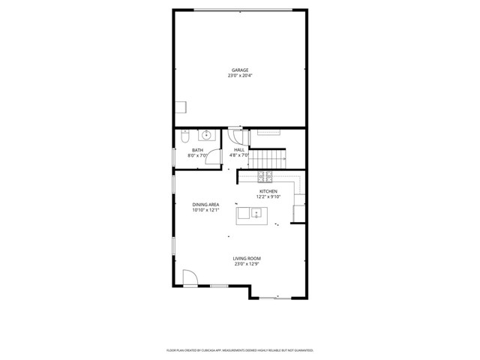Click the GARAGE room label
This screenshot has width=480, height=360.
click(x=239, y=70)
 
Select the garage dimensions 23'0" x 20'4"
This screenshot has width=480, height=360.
click(x=239, y=76)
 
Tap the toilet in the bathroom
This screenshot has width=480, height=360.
click(x=184, y=136)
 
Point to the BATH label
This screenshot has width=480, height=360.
click(x=197, y=150)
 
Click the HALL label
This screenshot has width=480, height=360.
click(x=239, y=150)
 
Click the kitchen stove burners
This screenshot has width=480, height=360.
click(x=265, y=177)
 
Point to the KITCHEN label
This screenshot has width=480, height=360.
click(x=269, y=191)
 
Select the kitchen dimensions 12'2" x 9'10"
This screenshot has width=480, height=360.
click(x=269, y=197)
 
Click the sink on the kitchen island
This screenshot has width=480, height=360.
click(x=256, y=214)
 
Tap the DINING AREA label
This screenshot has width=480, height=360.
click(x=204, y=204)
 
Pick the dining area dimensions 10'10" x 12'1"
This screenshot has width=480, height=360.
click(x=204, y=210)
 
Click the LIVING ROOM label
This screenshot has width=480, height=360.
click(x=246, y=258)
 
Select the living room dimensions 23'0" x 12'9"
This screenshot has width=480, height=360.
click(x=246, y=264)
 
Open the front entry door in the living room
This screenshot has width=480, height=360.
click(x=190, y=277)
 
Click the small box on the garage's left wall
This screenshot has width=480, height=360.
click(x=181, y=106)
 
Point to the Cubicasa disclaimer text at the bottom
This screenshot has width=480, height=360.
click(x=239, y=349)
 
